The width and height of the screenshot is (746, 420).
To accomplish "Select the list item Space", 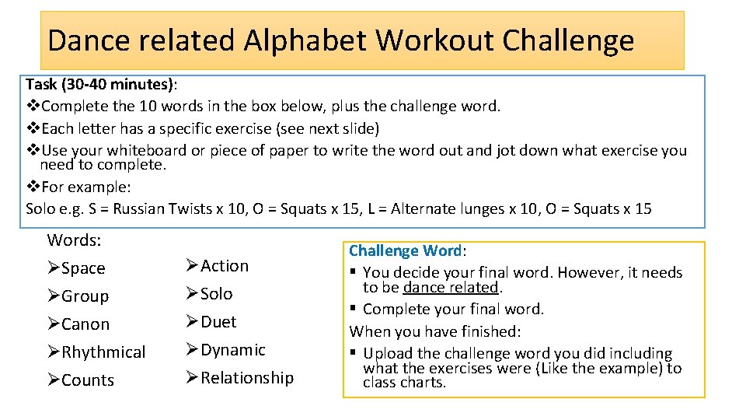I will pos(83,268).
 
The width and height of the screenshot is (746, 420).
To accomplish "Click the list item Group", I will pos(85,296).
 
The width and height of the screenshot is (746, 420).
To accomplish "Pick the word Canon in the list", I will pos(85,324).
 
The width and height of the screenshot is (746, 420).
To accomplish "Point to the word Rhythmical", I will pos(103,352).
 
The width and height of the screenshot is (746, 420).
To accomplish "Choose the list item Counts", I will pos(88,380).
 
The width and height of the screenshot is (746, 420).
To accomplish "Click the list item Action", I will pos(225,266).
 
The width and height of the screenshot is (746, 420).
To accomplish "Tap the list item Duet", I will pos(218,322).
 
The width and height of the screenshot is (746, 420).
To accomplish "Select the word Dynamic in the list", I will pos(233,350).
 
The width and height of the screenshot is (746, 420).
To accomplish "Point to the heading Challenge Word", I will pos(405,250).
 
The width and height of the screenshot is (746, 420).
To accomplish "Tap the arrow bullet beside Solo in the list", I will pos(193,294).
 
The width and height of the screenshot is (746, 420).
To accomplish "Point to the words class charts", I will pos(404,383).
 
